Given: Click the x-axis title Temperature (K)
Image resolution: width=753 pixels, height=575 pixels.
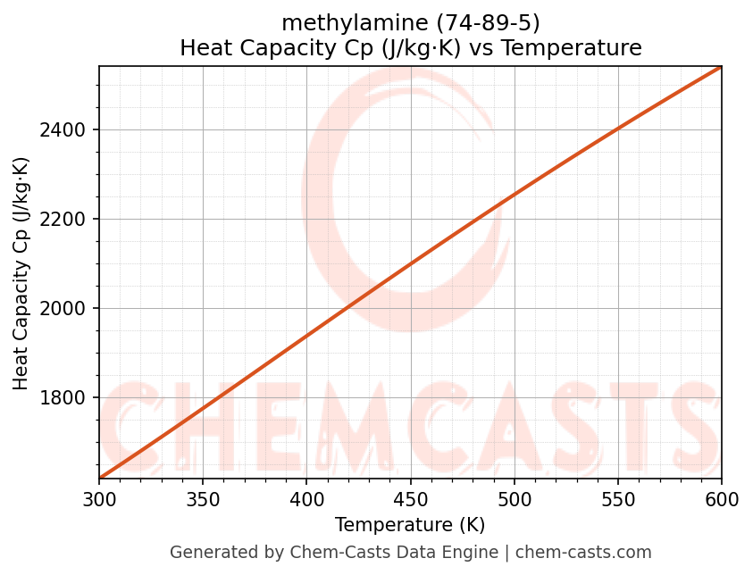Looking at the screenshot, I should click(410, 525).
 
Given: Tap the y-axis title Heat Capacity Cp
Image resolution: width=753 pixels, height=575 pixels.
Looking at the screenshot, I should click(21, 273).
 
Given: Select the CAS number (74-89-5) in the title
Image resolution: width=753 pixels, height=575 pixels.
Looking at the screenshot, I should click(488, 23).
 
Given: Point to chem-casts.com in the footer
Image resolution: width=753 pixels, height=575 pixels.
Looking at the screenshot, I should click(583, 553).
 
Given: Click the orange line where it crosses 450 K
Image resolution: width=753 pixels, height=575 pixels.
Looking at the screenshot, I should click(410, 264).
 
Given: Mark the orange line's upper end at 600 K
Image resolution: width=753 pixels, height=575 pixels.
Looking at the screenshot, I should click(721, 67).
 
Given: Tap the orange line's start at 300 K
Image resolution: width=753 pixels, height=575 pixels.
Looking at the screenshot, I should click(100, 478).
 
